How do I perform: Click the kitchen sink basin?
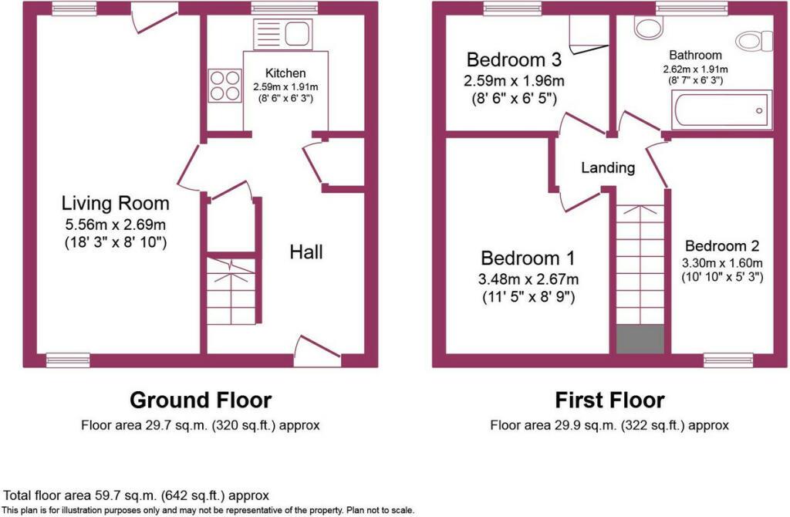[299, 34]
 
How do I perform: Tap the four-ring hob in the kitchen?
[225, 86]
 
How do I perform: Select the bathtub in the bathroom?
[721, 110]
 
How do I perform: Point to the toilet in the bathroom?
[755, 41]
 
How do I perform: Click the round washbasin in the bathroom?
[648, 28]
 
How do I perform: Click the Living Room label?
[116, 203]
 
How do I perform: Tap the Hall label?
[306, 252]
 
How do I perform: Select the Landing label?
[608, 167]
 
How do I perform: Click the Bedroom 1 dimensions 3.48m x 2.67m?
[528, 279]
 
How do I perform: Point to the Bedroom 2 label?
[722, 246]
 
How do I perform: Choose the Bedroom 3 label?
[514, 59]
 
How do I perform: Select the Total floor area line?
[136, 495]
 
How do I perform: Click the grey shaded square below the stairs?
[640, 339]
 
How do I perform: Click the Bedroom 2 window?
[728, 360]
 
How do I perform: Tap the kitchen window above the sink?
[285, 8]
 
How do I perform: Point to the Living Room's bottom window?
[68, 360]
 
